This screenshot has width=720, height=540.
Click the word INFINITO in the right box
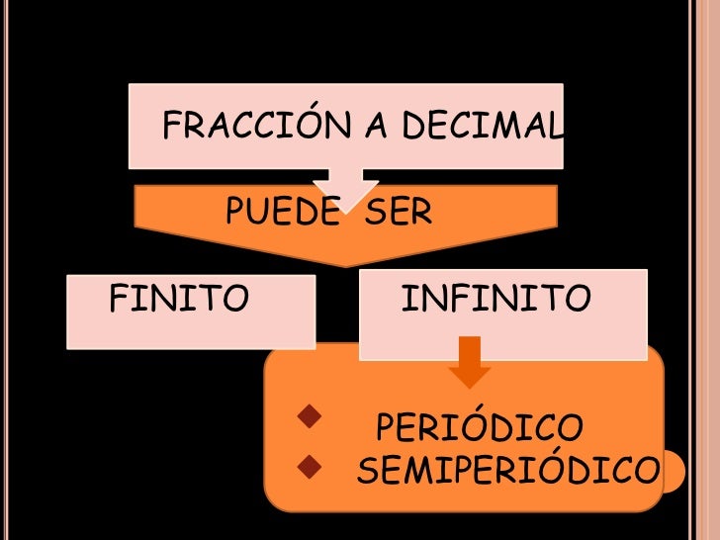point(495,297)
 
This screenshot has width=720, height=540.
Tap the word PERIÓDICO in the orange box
point(480,429)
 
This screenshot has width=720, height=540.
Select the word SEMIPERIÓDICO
point(506,474)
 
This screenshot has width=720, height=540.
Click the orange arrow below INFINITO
point(470,364)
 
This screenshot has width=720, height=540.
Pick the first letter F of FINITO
point(116,297)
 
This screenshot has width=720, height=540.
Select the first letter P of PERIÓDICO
point(387,429)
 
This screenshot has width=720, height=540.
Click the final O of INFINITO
point(580,297)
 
